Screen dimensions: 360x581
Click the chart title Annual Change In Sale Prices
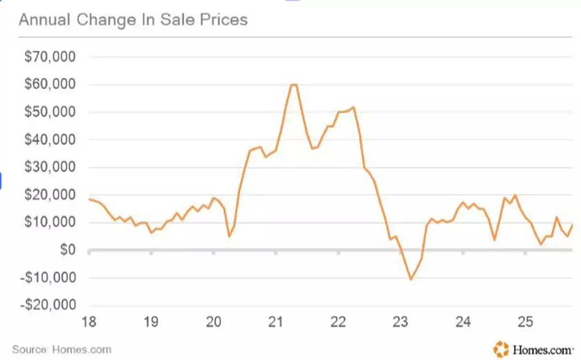point(133,20)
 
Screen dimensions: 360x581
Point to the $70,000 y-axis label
point(50,57)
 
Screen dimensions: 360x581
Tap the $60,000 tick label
point(50,85)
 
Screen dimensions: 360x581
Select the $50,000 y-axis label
point(50,112)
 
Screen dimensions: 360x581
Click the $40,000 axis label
point(50,140)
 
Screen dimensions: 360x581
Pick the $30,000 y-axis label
point(50,167)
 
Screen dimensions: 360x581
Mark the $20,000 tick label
point(50,195)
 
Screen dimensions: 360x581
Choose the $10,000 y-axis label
point(50,223)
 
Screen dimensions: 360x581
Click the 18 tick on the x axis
point(89,322)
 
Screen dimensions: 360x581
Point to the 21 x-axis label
point(276,322)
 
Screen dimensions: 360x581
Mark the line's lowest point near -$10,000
point(411,279)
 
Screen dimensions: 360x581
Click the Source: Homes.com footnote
point(61,349)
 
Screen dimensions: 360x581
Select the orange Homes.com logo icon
point(501,348)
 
